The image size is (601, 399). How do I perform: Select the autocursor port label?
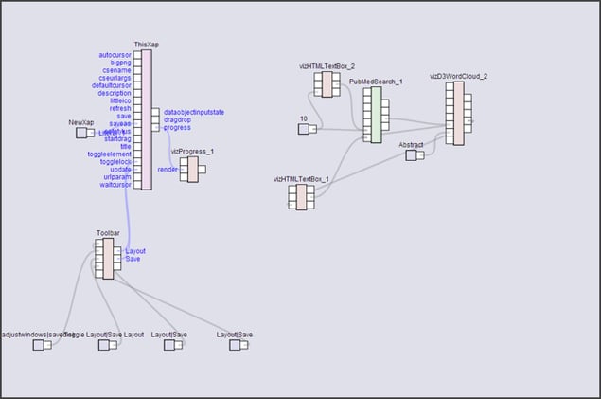[x=115, y=55]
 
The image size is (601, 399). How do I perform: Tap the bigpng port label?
[x=119, y=63]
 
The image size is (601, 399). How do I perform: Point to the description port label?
[x=114, y=93]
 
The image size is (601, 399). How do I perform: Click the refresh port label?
[x=120, y=108]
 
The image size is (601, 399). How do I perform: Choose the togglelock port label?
[x=115, y=161]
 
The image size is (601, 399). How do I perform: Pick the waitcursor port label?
[x=115, y=184]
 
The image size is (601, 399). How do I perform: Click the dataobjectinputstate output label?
[x=193, y=112]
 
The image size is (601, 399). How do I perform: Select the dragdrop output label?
[x=178, y=119]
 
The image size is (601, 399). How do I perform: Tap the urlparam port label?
[x=117, y=176]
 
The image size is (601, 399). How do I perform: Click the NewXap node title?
[x=82, y=122]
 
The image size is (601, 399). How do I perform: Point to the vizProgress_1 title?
[x=192, y=151]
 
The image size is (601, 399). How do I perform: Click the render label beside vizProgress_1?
[x=167, y=169]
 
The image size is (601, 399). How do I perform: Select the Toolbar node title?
[x=107, y=232]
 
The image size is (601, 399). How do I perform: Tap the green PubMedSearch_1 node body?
[x=376, y=115]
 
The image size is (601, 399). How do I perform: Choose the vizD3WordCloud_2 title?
[x=458, y=75]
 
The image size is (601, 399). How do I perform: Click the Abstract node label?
[x=411, y=144]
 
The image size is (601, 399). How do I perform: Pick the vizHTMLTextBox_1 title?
[x=301, y=178]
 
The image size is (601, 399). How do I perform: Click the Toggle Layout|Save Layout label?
[x=104, y=334]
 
